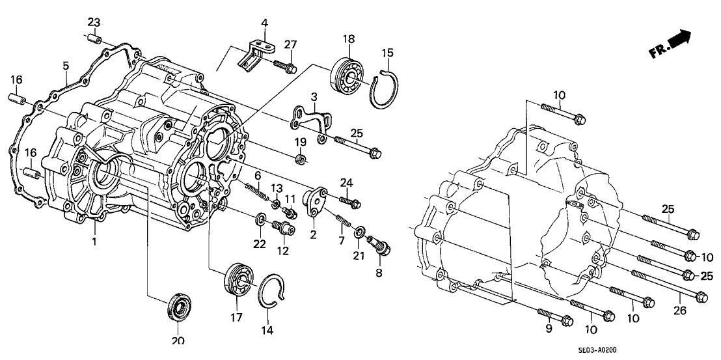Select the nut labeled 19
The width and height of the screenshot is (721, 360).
point(301,158)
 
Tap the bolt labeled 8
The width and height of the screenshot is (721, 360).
point(378,245)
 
